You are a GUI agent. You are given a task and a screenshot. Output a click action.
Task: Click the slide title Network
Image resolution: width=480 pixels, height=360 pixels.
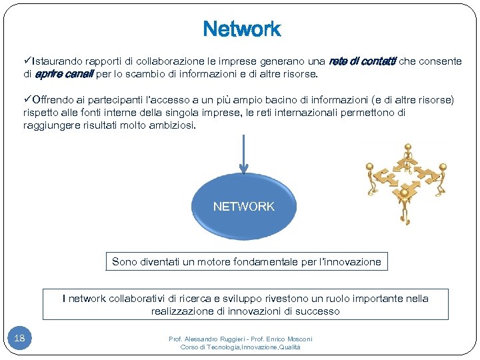click(242, 29)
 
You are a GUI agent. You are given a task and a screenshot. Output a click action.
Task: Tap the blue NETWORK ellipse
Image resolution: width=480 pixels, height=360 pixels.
click(243, 207)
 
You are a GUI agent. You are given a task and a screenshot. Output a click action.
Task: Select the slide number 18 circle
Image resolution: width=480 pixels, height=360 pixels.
click(20, 338)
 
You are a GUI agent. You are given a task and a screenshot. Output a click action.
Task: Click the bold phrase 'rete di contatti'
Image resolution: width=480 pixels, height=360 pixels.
click(362, 61)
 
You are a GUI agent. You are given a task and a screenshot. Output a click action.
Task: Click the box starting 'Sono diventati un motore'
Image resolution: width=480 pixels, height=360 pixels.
click(247, 262)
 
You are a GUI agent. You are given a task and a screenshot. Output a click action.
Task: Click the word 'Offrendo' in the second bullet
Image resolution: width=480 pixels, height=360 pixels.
click(54, 100)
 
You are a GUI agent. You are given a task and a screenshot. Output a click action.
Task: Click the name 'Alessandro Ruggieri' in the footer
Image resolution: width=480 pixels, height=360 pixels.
click(213, 339)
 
